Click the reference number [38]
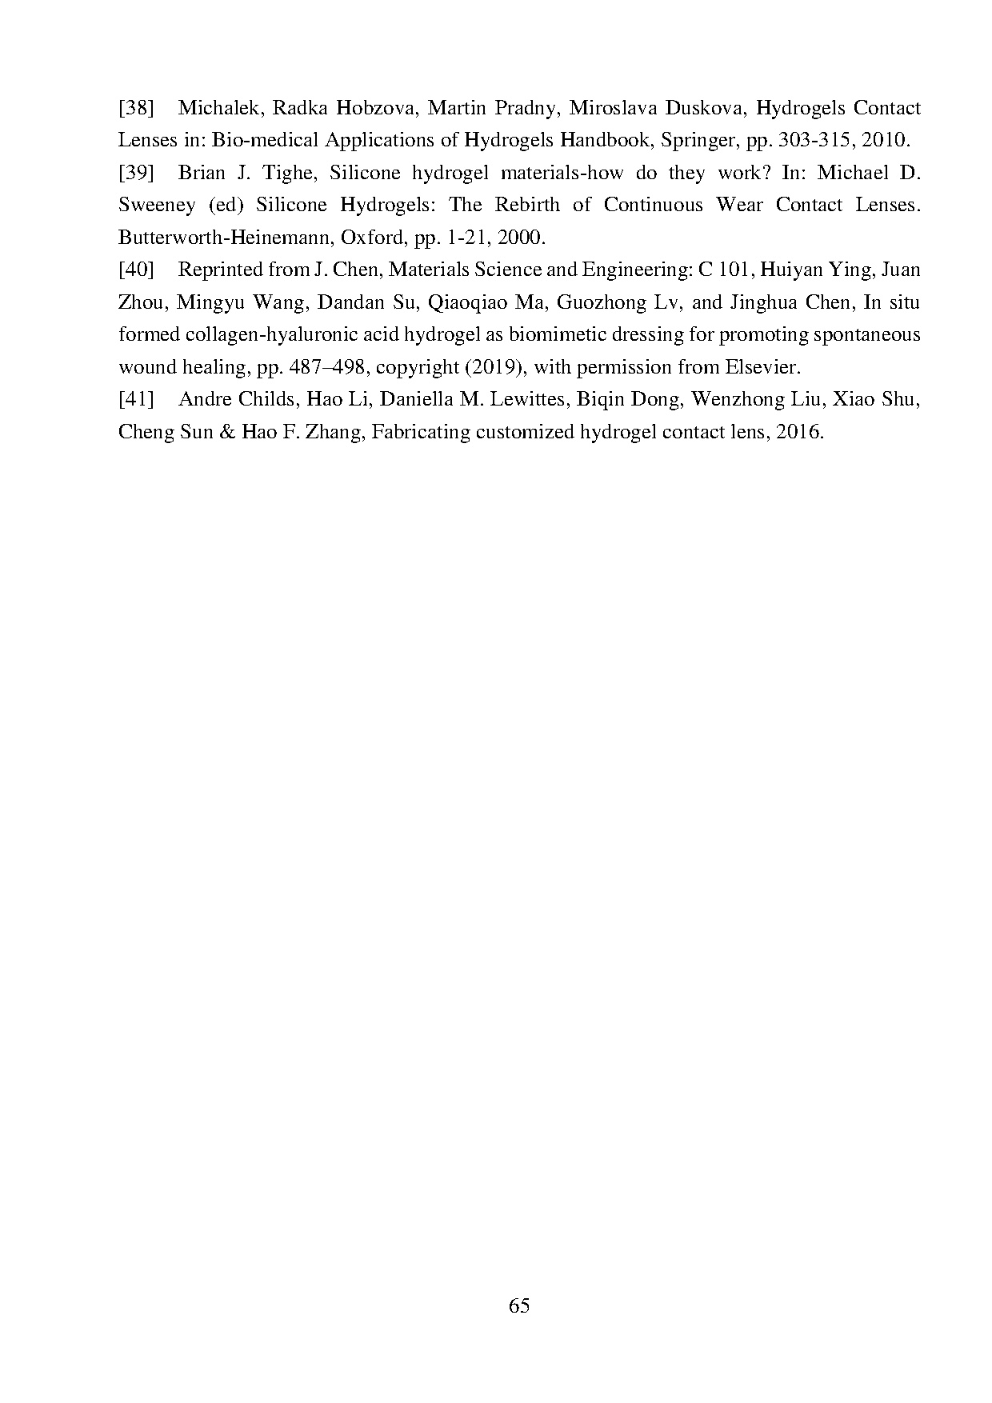(x=136, y=108)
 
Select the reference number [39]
(x=136, y=173)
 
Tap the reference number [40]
(x=136, y=270)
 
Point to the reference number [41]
(x=136, y=399)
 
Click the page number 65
(x=518, y=1306)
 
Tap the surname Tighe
(x=289, y=173)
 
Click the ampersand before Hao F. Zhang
(x=227, y=432)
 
